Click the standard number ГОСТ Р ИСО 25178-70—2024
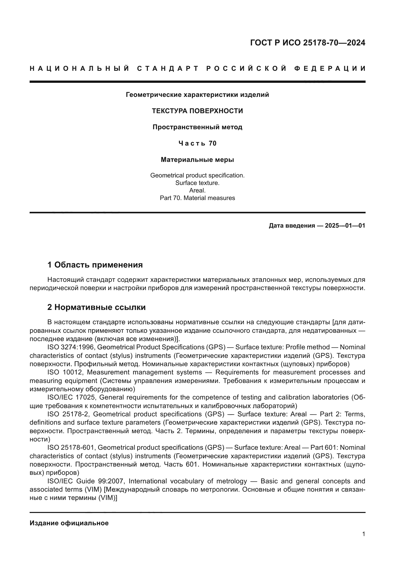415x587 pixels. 307,43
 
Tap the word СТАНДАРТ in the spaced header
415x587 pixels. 168,69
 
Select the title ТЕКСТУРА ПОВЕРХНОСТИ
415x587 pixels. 197,111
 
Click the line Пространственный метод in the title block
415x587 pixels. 197,127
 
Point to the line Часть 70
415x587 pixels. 197,144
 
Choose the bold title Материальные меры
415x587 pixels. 197,160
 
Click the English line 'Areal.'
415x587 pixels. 197,190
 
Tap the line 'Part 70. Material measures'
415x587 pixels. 197,198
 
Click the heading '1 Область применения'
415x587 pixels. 95,265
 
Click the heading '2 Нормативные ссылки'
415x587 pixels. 96,307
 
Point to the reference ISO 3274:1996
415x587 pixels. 71,347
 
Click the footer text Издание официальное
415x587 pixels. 69,523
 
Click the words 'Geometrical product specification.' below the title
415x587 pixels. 197,175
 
